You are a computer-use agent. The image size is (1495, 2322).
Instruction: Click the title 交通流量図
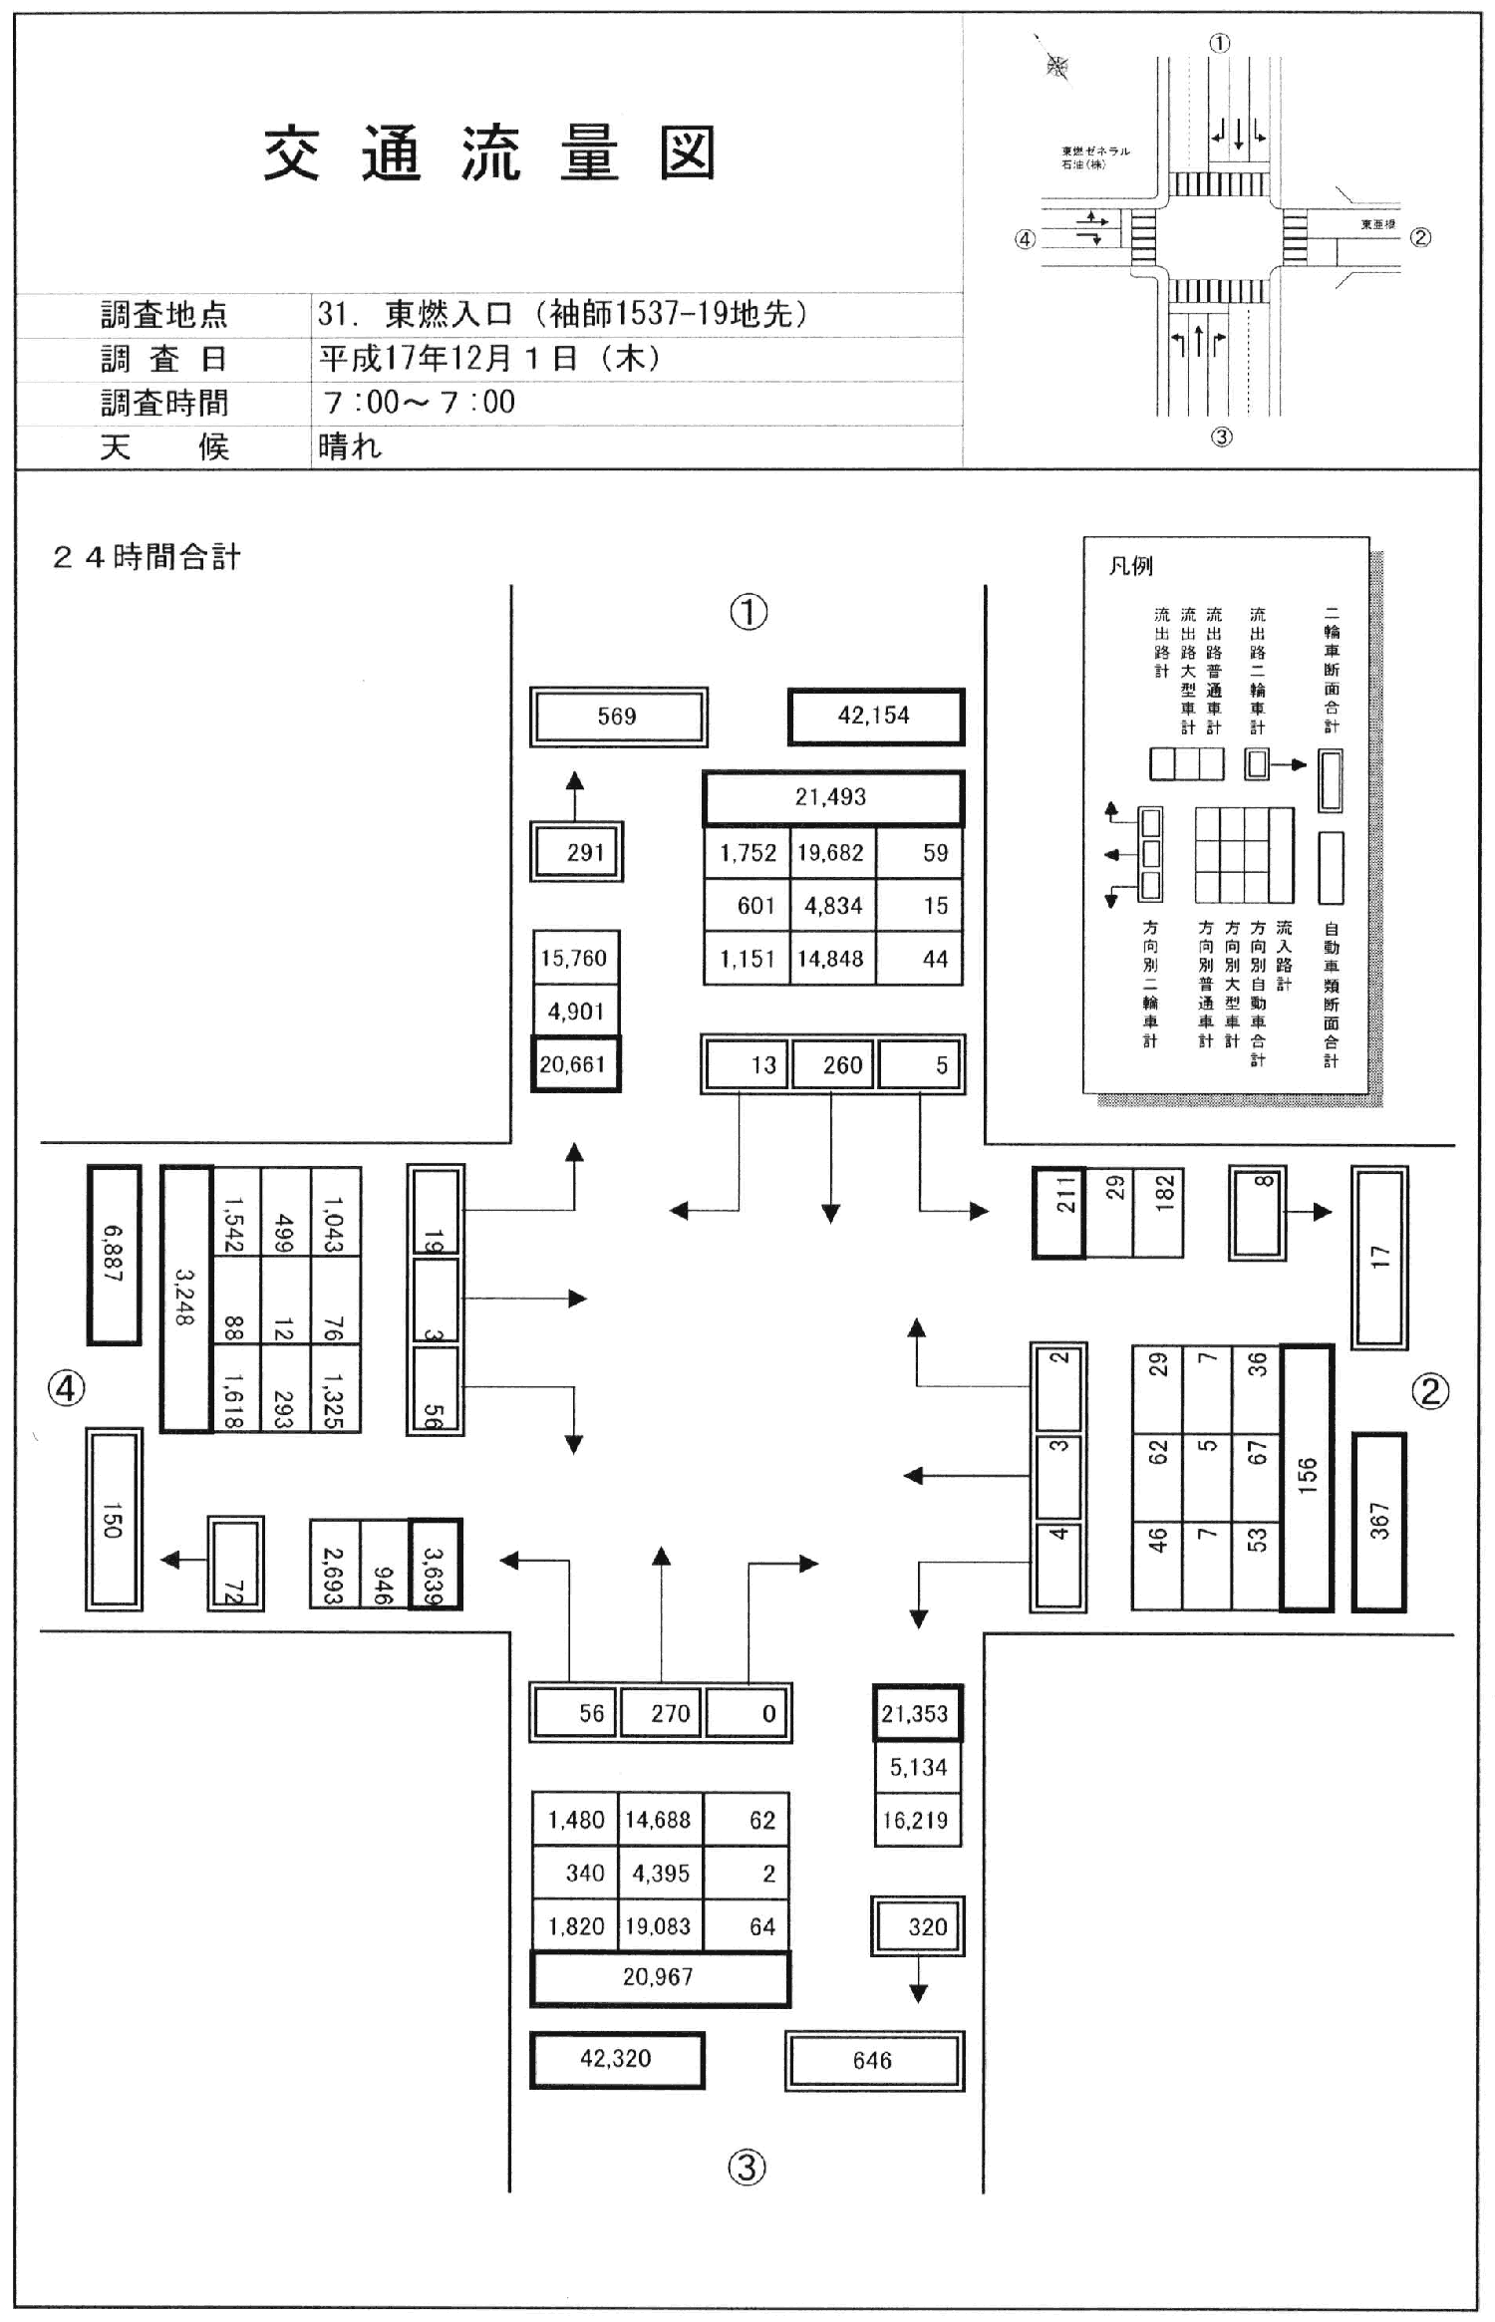[x=489, y=154]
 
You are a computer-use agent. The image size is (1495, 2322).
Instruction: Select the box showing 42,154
[x=875, y=716]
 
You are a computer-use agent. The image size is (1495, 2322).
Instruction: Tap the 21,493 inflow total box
[x=831, y=797]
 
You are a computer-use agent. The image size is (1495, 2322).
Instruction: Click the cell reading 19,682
[x=831, y=853]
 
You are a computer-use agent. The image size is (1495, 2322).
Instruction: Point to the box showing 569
[x=618, y=717]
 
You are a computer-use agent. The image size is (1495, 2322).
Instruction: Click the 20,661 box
[x=574, y=1064]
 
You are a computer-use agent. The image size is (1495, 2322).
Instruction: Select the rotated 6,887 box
[x=114, y=1254]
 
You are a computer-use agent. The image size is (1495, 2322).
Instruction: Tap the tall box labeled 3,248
[x=185, y=1298]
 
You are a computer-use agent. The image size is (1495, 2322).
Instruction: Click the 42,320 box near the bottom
[x=616, y=2059]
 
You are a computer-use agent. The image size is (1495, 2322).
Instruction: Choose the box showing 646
[x=873, y=2061]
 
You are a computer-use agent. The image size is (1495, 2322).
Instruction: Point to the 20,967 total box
[x=659, y=1977]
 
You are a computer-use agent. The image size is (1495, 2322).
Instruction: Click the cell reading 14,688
[x=659, y=1821]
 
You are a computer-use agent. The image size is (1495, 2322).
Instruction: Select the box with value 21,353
[x=916, y=1714]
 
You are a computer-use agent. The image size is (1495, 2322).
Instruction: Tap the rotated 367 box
[x=1379, y=1522]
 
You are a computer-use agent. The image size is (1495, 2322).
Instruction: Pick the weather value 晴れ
[x=350, y=446]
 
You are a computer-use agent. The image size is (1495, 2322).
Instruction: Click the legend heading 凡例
[x=1130, y=566]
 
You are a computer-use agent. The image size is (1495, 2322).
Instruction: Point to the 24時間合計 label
[x=147, y=557]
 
